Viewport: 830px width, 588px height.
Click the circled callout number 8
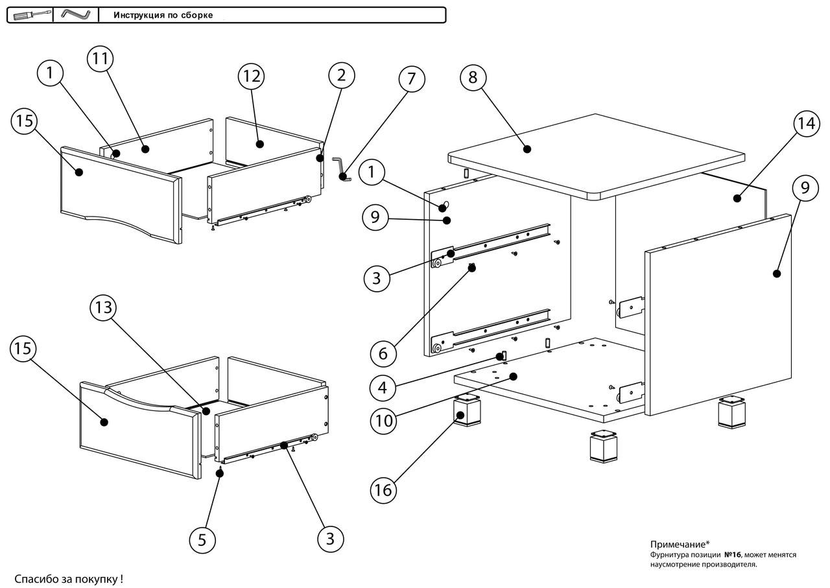coord(473,78)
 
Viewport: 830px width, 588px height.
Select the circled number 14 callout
coord(805,123)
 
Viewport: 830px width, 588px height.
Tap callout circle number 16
coord(383,489)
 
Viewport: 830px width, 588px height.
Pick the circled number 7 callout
coord(411,79)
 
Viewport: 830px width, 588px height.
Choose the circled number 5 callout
coord(202,539)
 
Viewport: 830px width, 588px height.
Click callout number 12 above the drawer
coord(251,76)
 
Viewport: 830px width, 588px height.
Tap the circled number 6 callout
coord(383,353)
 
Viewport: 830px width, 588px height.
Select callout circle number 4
coord(383,388)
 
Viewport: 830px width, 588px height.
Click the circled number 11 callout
coord(100,58)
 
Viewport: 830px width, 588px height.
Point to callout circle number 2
coord(341,75)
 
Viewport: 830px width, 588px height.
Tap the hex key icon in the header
coord(75,14)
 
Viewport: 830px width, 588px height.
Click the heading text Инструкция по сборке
coord(163,15)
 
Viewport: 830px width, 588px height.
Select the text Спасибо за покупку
coord(69,578)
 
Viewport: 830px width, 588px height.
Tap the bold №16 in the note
coord(732,555)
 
